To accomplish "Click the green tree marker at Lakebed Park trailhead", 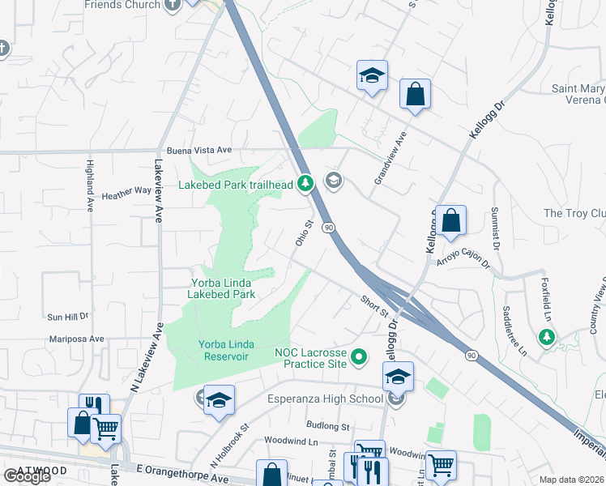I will [x=305, y=185].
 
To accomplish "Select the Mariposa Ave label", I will [x=75, y=339].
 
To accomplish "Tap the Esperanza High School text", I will [x=327, y=399].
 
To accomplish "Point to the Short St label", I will [x=375, y=306].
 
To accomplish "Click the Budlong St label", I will [x=327, y=425].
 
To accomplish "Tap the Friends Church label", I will [x=122, y=5].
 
